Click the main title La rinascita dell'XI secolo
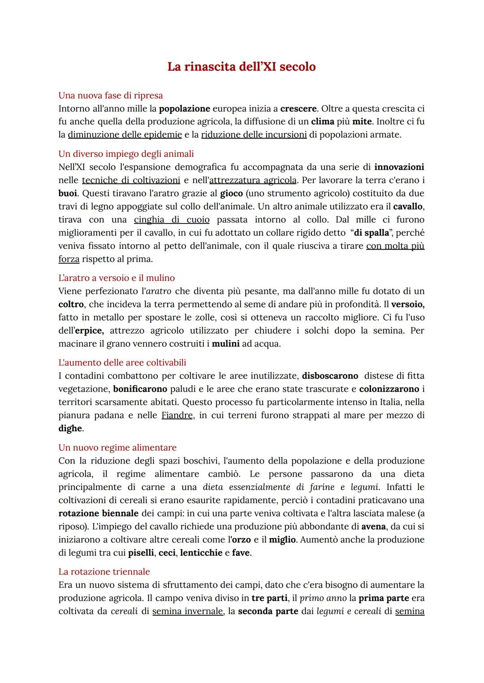pos(242,67)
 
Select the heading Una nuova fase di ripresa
pos(110,95)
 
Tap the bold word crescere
pos(298,108)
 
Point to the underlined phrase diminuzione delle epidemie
pos(125,134)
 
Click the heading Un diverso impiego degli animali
pos(126,154)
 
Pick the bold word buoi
pos(68,193)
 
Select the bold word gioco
pos(231,193)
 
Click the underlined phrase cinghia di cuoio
pos(172,219)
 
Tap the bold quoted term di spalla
pos(372,233)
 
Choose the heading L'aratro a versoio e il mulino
pos(117,278)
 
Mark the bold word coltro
pos(71,304)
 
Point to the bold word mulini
pos(225,344)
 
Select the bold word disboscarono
pos(330,376)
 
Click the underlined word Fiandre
pos(177,415)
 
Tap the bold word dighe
pos(70,428)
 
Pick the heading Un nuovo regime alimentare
pos(117,447)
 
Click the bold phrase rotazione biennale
pos(98,513)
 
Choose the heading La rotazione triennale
pos(104,571)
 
